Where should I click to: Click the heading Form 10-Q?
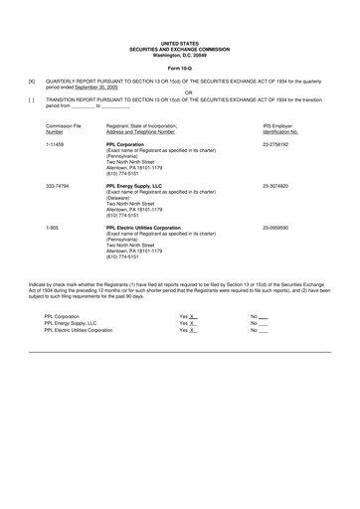[x=180, y=67]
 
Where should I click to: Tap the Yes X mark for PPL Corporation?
[x=188, y=315]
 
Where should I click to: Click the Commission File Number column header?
[x=64, y=129]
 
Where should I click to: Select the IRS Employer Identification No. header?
[x=282, y=129]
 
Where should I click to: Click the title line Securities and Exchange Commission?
[x=180, y=49]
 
